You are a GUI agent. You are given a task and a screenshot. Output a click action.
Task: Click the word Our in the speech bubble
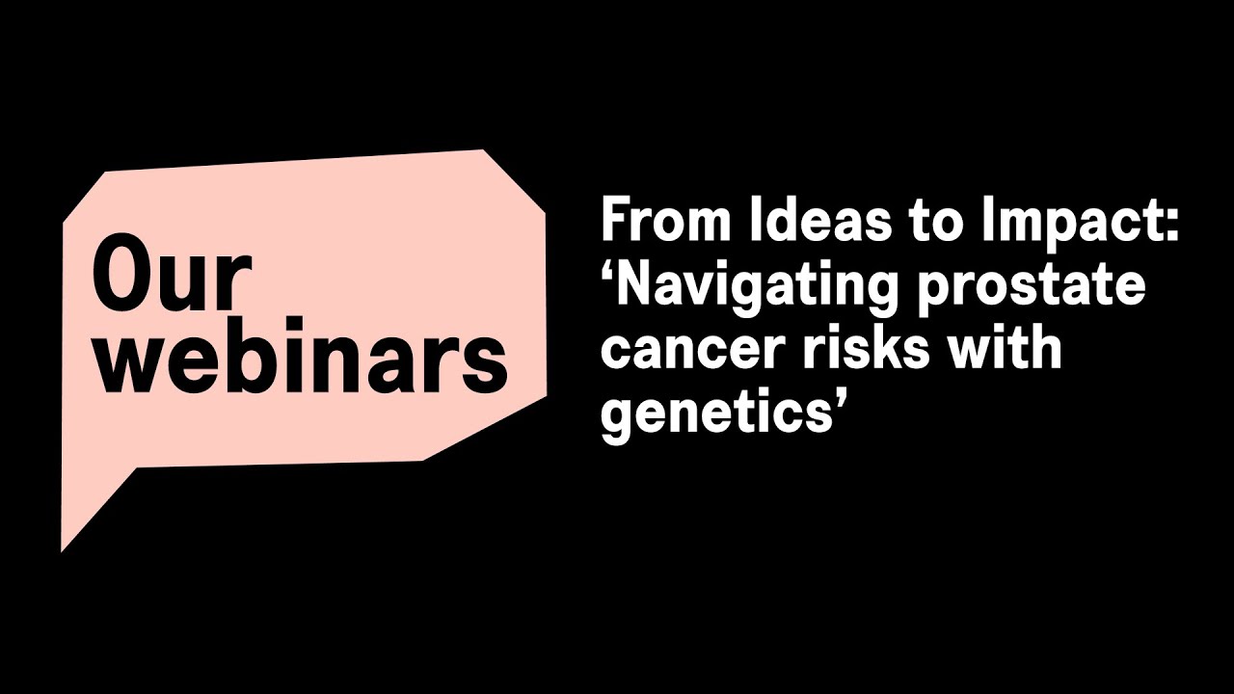pos(171,278)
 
